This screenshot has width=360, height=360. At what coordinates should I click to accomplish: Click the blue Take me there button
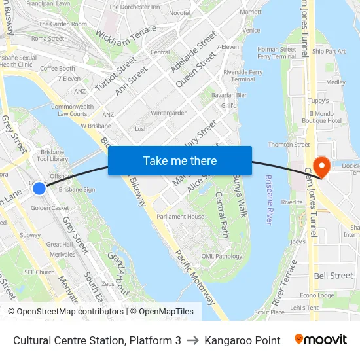pyautogui.click(x=180, y=160)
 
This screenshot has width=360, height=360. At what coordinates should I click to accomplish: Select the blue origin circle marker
pyautogui.click(x=39, y=189)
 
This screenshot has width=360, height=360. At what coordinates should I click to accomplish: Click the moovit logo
pyautogui.click(x=321, y=340)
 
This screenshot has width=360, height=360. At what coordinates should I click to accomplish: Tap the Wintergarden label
pyautogui.click(x=169, y=113)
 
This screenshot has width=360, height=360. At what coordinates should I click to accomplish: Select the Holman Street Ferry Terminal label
pyautogui.click(x=277, y=52)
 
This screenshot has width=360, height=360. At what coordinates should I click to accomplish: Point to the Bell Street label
pyautogui.click(x=333, y=276)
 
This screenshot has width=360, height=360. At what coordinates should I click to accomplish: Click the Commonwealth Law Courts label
pyautogui.click(x=71, y=110)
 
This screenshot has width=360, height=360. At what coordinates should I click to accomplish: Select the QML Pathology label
pyautogui.click(x=222, y=256)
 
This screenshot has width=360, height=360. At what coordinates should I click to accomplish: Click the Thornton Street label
pyautogui.click(x=289, y=145)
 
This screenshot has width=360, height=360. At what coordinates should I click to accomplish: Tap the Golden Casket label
pyautogui.click(x=50, y=208)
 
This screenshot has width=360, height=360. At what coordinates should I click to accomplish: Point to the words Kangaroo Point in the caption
pyautogui.click(x=242, y=340)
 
